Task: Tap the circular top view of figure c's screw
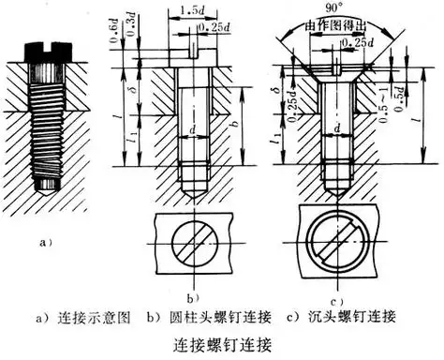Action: (333, 244)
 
